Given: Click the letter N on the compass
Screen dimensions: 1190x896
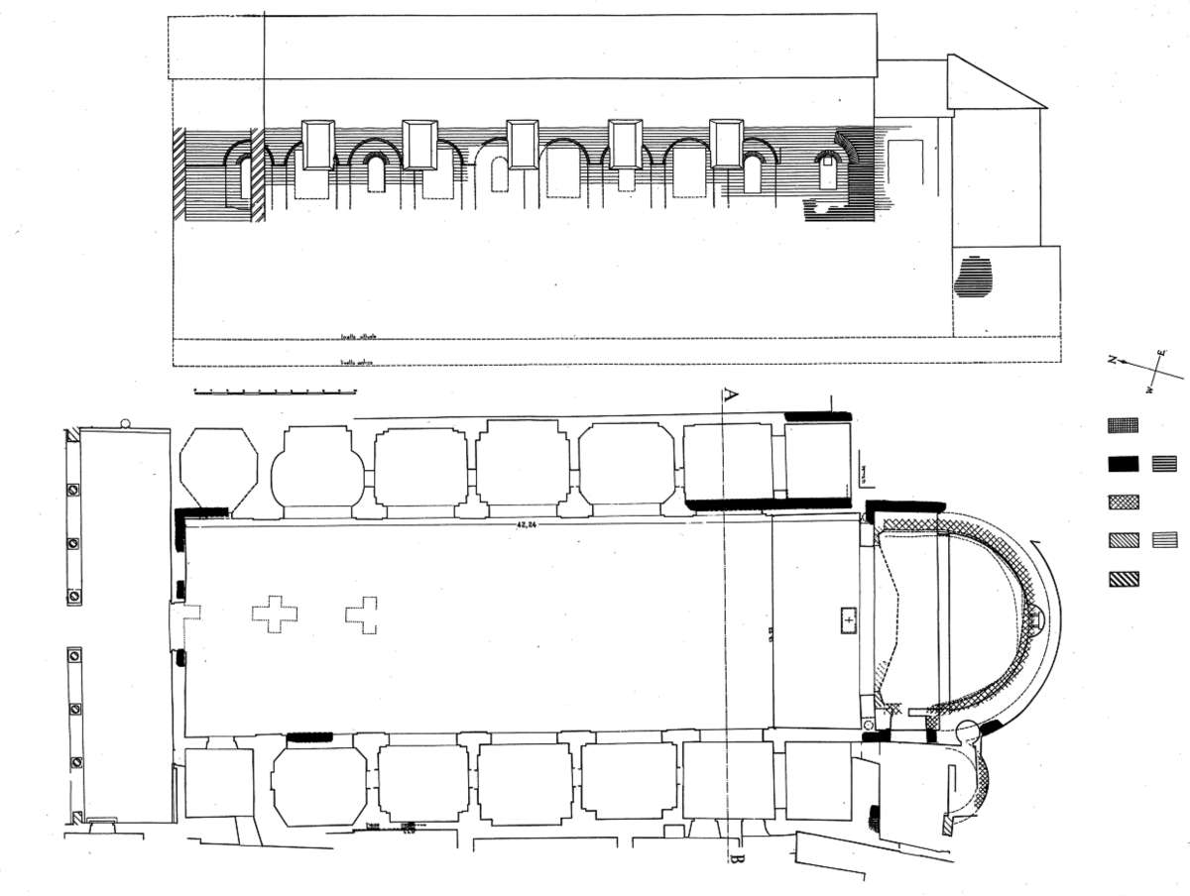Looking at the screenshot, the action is point(1114,360).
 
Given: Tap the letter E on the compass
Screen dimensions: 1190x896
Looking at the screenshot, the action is point(1161,353).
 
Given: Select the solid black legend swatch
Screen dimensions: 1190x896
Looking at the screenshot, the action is point(1124,463).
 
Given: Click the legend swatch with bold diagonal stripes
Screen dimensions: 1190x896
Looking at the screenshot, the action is point(1124,579).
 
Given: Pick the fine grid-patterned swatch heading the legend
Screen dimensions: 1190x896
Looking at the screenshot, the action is point(1124,424).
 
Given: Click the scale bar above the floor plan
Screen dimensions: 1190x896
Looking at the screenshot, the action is point(275,392).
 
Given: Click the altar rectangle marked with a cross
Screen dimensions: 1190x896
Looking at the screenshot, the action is point(848,619).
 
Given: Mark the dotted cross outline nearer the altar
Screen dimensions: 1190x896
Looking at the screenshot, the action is point(363,615).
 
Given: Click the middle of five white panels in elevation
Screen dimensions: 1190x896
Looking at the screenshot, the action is point(522,145).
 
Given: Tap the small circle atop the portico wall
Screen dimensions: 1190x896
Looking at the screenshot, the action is point(125,424).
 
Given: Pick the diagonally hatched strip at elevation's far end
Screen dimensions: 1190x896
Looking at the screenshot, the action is point(179,173).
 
